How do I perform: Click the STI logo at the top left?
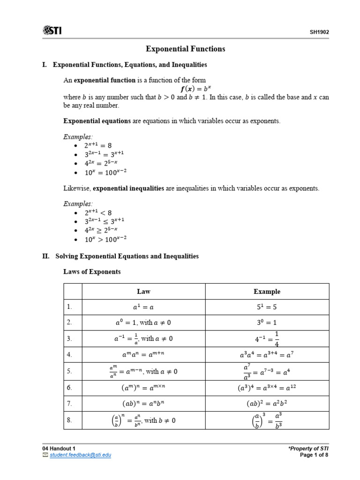(x=52, y=31)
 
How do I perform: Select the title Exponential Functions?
(x=186, y=49)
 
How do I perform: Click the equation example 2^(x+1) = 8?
(x=98, y=145)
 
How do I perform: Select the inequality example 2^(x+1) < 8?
(x=98, y=212)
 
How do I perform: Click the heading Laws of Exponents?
(x=92, y=271)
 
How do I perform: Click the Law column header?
(x=143, y=292)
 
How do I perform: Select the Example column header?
(x=267, y=292)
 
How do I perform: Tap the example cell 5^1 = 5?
(x=267, y=307)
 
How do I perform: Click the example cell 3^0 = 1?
(x=267, y=322)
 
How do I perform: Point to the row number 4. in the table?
(x=69, y=355)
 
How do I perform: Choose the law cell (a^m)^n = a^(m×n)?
(x=143, y=388)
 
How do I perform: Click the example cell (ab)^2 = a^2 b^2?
(x=267, y=404)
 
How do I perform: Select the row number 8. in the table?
(x=69, y=420)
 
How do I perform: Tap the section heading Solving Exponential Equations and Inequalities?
(x=127, y=256)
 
